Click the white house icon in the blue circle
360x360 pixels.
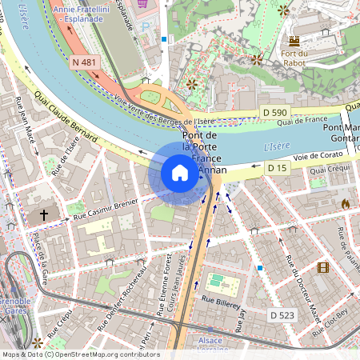point(179,173)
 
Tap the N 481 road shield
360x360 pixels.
point(84,62)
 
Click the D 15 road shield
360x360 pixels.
point(277,167)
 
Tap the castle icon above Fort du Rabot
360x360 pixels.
point(294,40)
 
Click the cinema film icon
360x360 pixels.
point(322,267)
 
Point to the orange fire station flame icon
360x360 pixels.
point(345,204)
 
